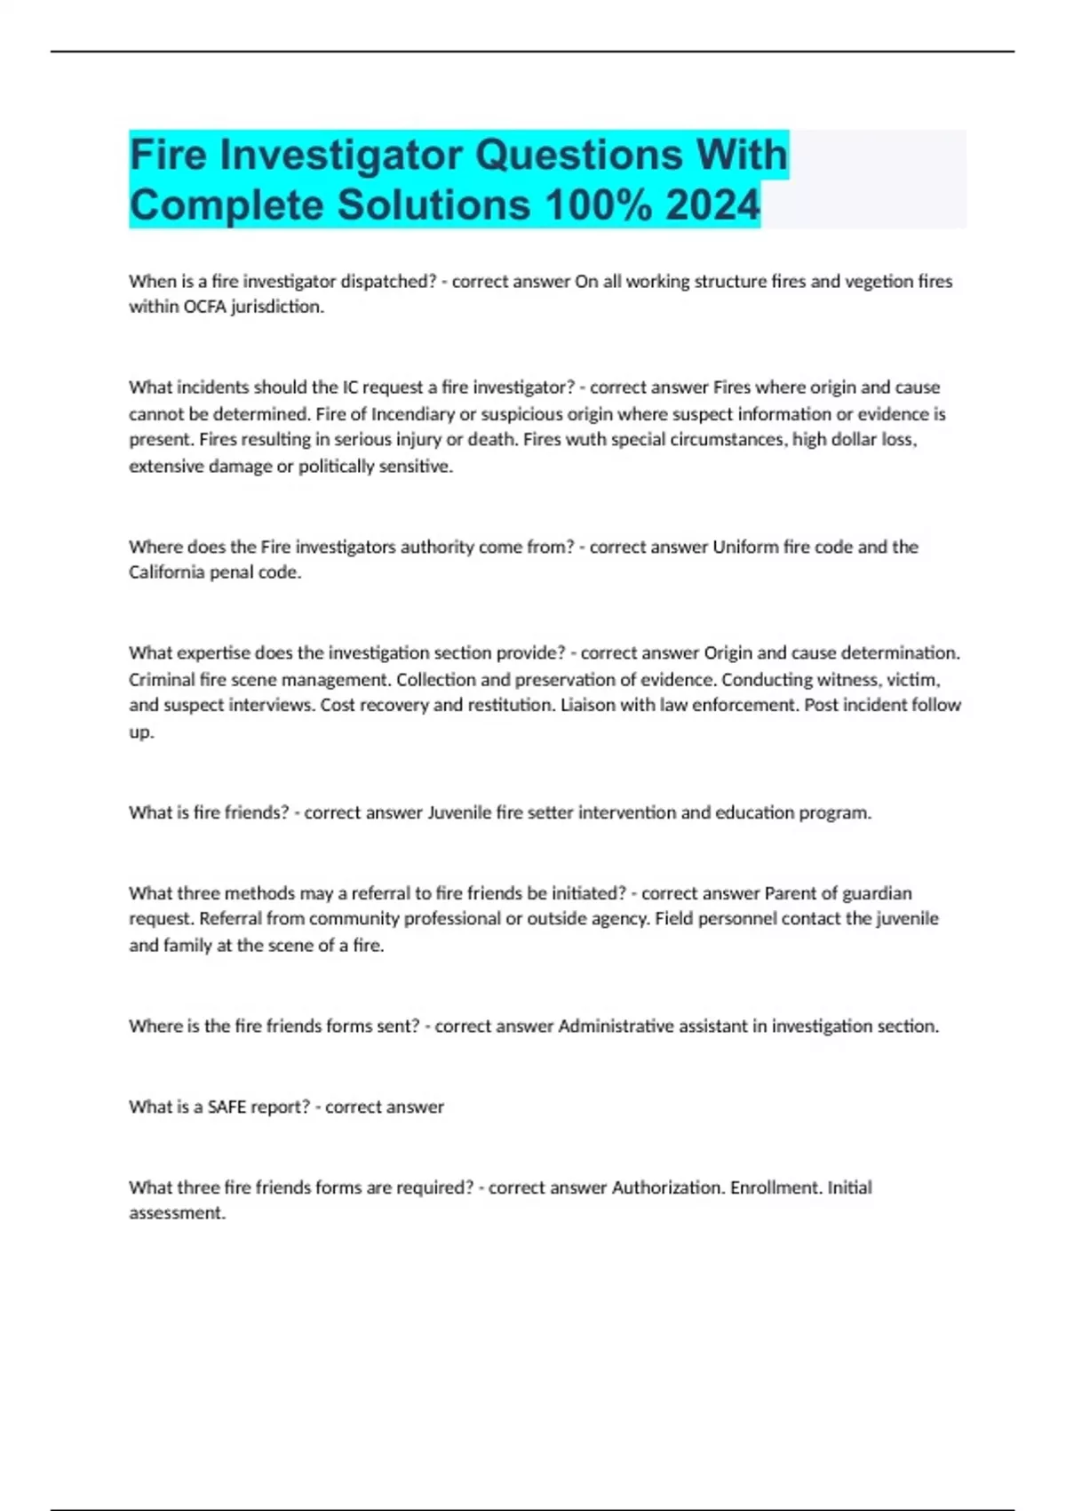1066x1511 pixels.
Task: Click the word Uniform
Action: pyautogui.click(x=745, y=547)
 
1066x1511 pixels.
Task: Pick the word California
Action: pyautogui.click(x=166, y=572)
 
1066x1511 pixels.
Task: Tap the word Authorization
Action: pyautogui.click(x=667, y=1187)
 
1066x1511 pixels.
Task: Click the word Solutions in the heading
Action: pyautogui.click(x=434, y=205)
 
